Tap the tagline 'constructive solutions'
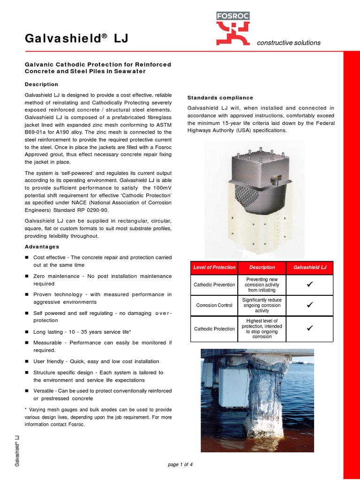tap(289, 43)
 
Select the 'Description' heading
tap(41, 84)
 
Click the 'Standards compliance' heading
tap(220, 97)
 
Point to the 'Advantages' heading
tap(42, 247)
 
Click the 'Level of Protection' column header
tap(214, 267)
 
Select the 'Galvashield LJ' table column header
tap(309, 267)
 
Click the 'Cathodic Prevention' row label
tap(214, 285)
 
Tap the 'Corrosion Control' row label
tap(214, 305)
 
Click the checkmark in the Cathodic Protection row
tap(309, 328)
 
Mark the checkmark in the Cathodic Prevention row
tap(309, 284)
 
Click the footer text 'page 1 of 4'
tap(180, 465)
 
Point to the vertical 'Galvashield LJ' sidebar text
tap(17, 451)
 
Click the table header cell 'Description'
tap(262, 267)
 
